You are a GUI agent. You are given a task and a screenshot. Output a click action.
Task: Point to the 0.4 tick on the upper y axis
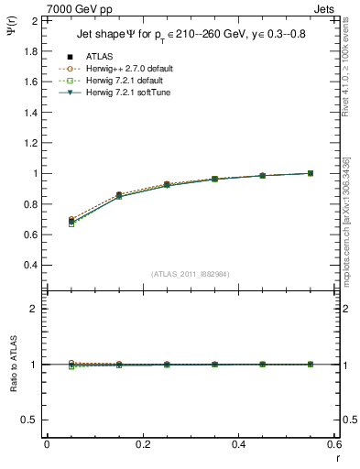[30, 265]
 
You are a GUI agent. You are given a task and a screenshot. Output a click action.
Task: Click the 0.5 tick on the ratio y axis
[30, 420]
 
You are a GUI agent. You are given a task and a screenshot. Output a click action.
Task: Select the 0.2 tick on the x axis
[142, 445]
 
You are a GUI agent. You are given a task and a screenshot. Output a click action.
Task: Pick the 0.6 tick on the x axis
[334, 445]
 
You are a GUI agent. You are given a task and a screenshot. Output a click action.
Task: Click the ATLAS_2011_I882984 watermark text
[191, 273]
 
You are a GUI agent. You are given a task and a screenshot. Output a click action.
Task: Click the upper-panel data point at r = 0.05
[71, 221]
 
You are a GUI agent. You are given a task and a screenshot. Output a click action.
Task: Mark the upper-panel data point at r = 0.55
[311, 173]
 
